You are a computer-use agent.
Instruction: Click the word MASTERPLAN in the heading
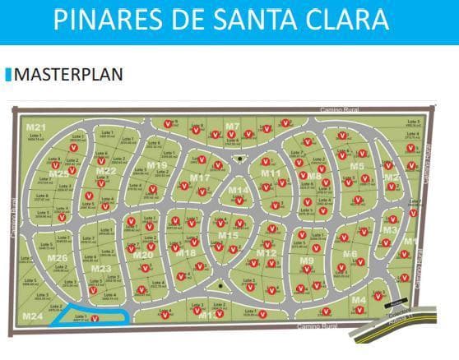(x=69, y=75)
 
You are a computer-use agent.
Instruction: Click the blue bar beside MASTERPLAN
(x=9, y=75)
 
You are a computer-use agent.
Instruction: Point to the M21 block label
(x=35, y=127)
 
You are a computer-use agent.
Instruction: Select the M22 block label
(x=106, y=171)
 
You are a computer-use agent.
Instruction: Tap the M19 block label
(x=157, y=165)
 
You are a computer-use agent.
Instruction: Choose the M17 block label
(x=200, y=178)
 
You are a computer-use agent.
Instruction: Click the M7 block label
(x=233, y=127)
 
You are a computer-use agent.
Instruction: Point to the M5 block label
(x=356, y=166)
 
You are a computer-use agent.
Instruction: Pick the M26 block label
(x=58, y=258)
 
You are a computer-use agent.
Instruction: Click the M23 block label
(x=101, y=268)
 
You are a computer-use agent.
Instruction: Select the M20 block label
(x=143, y=255)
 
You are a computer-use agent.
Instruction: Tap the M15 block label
(x=228, y=236)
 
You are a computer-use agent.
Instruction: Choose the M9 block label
(x=306, y=261)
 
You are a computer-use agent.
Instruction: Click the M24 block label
(x=33, y=316)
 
